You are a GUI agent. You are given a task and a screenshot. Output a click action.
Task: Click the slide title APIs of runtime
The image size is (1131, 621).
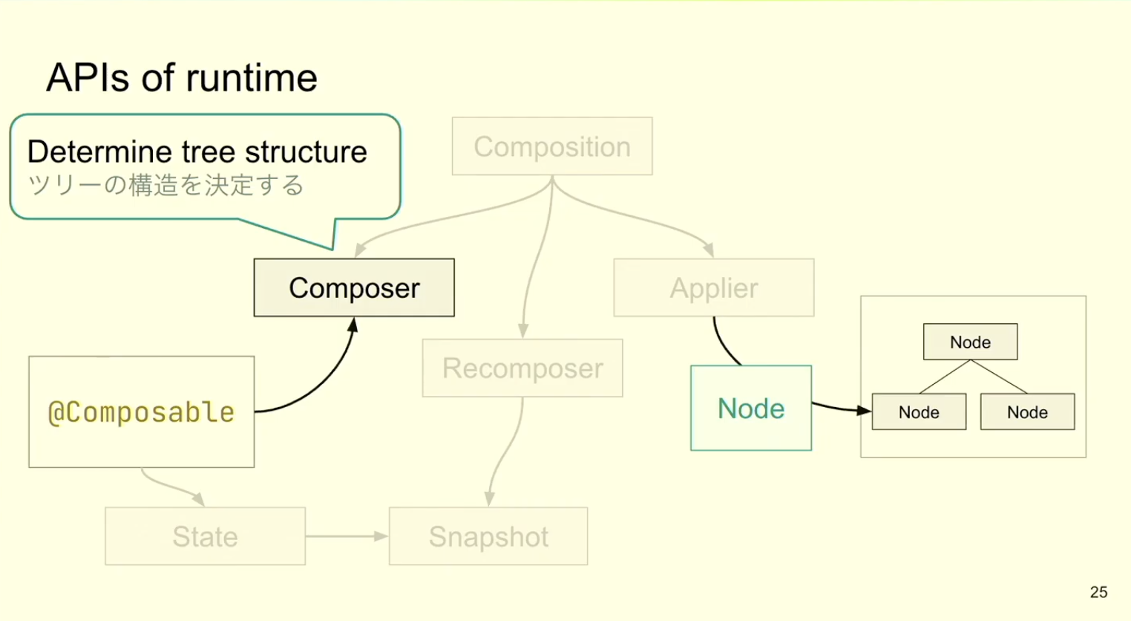pyautogui.click(x=182, y=78)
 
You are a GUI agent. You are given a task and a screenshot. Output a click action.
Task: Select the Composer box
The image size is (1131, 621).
pyautogui.click(x=354, y=287)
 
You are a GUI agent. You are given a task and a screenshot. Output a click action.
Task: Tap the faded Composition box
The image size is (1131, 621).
pyautogui.click(x=552, y=146)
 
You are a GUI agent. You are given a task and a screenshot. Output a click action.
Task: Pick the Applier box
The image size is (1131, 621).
pyautogui.click(x=713, y=287)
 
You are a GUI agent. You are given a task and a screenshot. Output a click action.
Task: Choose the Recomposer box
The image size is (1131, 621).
pyautogui.click(x=522, y=368)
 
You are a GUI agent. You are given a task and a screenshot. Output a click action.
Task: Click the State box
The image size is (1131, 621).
pyautogui.click(x=205, y=536)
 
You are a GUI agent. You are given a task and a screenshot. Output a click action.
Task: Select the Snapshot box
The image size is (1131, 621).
pyautogui.click(x=488, y=536)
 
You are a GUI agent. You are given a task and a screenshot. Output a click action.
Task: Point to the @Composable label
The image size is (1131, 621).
pyautogui.click(x=141, y=412)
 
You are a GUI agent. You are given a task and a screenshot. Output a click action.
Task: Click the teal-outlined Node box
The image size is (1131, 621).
pyautogui.click(x=751, y=408)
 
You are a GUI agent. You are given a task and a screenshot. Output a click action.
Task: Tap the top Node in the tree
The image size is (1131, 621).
pyautogui.click(x=971, y=342)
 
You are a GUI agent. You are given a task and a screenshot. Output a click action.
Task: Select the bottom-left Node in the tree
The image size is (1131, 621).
pyautogui.click(x=919, y=412)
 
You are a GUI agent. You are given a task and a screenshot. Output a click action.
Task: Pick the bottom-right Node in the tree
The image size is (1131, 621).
pyautogui.click(x=1028, y=412)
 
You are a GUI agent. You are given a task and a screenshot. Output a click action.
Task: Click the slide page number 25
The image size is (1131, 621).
pyautogui.click(x=1098, y=592)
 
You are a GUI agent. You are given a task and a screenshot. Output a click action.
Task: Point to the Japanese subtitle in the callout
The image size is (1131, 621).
pyautogui.click(x=165, y=184)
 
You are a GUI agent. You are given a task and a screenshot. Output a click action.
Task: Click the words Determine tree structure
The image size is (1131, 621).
pyautogui.click(x=197, y=152)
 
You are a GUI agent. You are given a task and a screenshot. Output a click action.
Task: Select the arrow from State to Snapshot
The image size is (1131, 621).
pyautogui.click(x=347, y=536)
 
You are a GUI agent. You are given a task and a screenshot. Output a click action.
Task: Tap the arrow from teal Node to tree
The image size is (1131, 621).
pyautogui.click(x=842, y=409)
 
